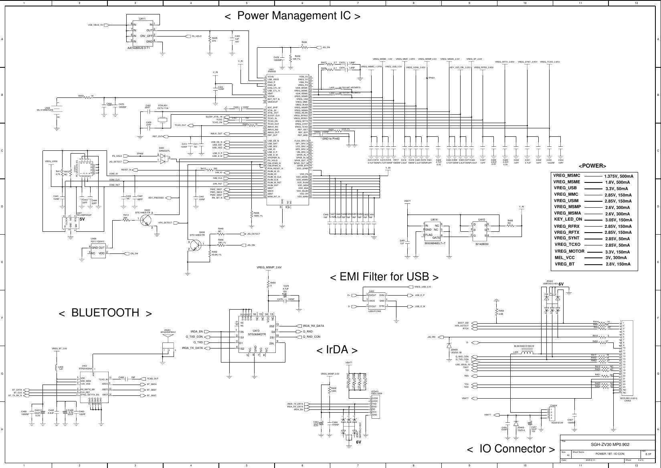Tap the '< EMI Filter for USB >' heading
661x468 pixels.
(x=384, y=277)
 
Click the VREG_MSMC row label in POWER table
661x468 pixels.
(x=567, y=176)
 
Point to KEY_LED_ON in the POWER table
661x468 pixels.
(x=568, y=219)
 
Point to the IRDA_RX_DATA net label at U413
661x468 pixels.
(x=313, y=326)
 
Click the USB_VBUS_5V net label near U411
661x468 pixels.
(x=96, y=24)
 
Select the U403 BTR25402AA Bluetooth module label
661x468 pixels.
(x=87, y=367)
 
